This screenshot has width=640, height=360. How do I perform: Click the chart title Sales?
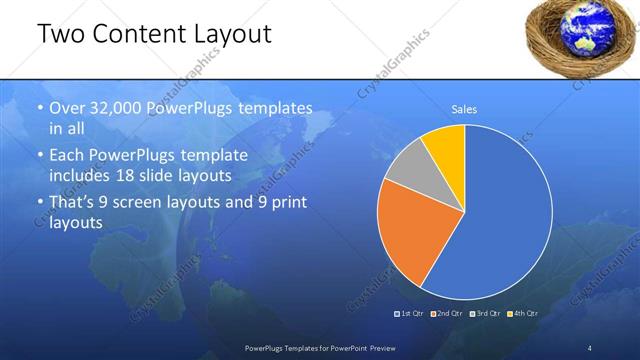coord(464,109)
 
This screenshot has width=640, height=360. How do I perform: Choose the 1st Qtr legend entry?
coord(413,314)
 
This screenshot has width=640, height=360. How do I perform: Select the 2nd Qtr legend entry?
coord(450,314)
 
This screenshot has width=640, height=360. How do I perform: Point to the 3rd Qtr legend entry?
coord(487,314)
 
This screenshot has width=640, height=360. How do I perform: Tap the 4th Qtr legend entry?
coord(524,314)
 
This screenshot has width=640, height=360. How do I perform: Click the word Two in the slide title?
coord(61,34)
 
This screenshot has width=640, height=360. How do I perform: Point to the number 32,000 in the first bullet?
coord(117,108)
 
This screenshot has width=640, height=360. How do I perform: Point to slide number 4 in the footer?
coord(590,347)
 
